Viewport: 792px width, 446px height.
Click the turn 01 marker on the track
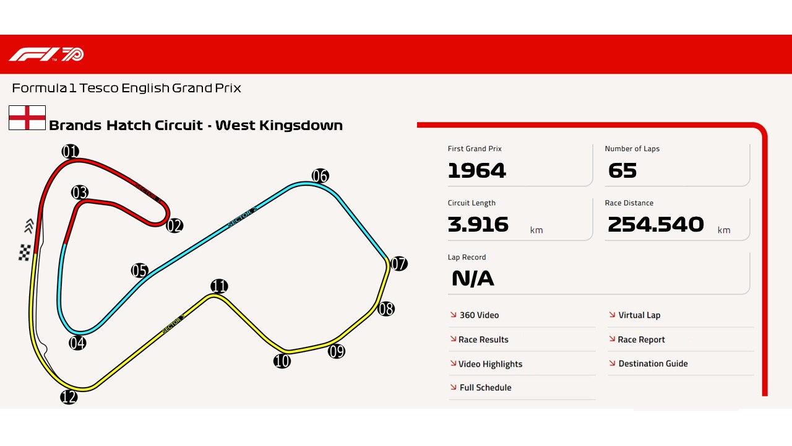71,151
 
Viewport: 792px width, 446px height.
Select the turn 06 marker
320,176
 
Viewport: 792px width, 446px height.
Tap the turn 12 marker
69,397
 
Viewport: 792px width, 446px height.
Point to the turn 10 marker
282,361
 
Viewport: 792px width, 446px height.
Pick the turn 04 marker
77,343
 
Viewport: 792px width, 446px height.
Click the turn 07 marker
399,264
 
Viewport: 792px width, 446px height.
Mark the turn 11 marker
219,286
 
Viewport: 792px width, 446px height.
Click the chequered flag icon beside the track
25,253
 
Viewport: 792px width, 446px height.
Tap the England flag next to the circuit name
27,118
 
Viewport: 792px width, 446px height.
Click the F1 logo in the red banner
46,55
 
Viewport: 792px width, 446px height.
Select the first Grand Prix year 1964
476,170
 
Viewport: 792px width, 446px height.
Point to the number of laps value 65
622,170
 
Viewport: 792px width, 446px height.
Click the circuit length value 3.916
478,224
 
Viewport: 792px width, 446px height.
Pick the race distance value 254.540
655,224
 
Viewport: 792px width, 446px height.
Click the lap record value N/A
473,279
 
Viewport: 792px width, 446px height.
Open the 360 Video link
479,315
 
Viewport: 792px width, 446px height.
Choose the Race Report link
641,339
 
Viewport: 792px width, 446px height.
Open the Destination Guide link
653,364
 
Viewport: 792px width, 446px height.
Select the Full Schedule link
485,388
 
